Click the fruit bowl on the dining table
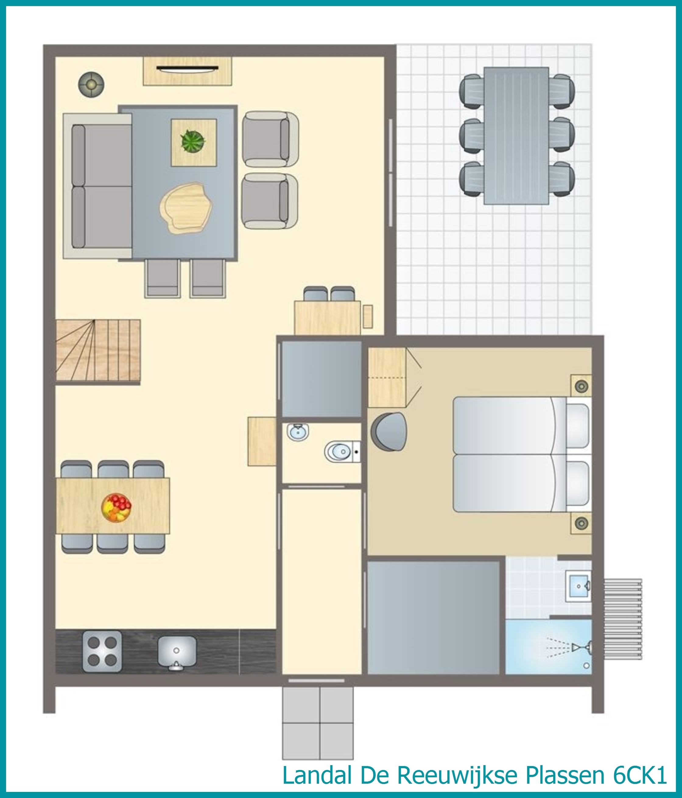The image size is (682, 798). tap(116, 508)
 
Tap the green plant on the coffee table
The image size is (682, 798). tap(193, 141)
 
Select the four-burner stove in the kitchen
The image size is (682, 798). tap(102, 651)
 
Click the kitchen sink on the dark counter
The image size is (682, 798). tap(177, 653)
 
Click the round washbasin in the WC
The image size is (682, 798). tap(298, 432)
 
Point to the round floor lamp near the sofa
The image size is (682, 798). tap(91, 84)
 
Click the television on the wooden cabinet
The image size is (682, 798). tap(187, 68)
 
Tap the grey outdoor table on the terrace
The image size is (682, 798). tap(516, 135)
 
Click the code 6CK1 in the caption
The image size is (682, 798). tap(640, 775)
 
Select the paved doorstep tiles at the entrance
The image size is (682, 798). tap(318, 723)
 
